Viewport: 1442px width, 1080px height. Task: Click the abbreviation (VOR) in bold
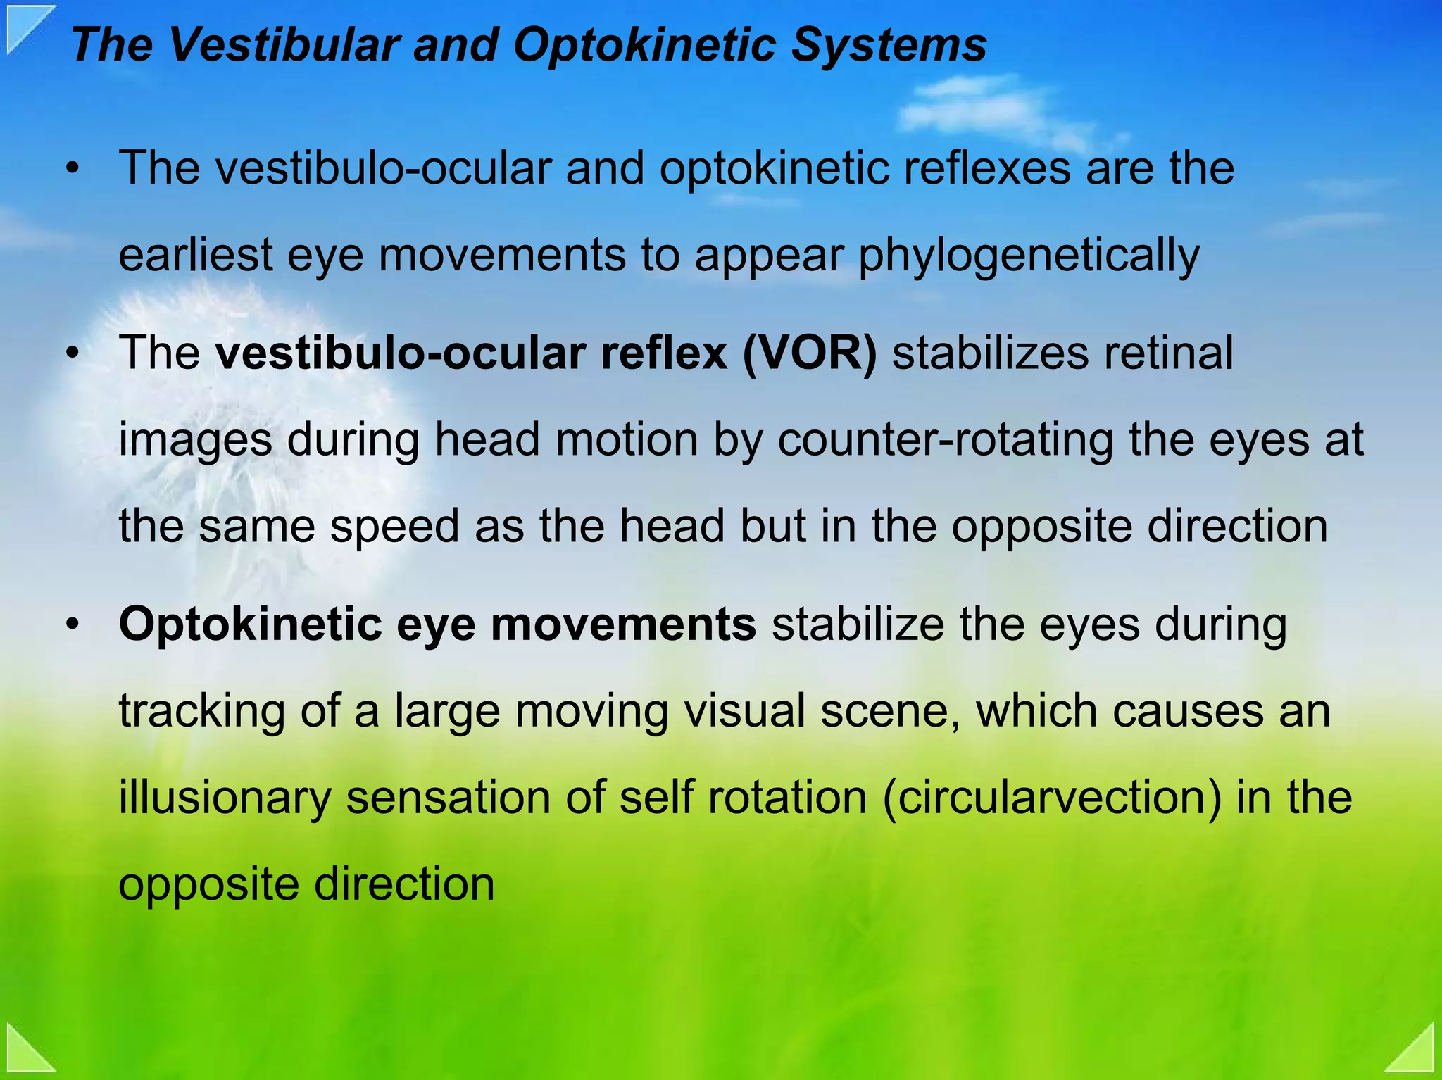tap(809, 353)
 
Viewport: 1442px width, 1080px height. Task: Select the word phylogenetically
tap(1028, 256)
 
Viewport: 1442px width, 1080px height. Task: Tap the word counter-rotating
tap(946, 440)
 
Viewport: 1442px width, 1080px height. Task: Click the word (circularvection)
tap(1051, 798)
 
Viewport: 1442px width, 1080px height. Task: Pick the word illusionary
tap(225, 798)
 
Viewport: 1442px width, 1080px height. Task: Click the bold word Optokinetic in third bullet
tap(250, 624)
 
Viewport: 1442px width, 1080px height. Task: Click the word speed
tap(394, 527)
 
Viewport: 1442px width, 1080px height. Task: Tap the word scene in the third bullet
tap(890, 711)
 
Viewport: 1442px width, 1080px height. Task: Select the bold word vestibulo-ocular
tap(400, 353)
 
